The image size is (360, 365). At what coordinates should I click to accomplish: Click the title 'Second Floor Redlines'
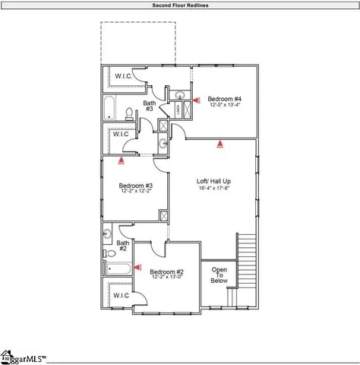pyautogui.click(x=180, y=5)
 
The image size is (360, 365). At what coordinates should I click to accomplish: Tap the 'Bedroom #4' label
pyautogui.click(x=225, y=99)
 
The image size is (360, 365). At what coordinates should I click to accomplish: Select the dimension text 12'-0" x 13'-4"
pyautogui.click(x=225, y=106)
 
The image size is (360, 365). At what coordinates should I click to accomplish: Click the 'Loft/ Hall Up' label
pyautogui.click(x=213, y=181)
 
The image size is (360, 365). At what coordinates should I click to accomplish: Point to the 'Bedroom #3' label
pyautogui.click(x=136, y=186)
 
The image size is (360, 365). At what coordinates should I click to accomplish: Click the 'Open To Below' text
pyautogui.click(x=219, y=275)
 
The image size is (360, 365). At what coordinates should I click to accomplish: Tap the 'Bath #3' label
pyautogui.click(x=150, y=106)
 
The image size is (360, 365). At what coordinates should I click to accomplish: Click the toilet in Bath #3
pyautogui.click(x=130, y=114)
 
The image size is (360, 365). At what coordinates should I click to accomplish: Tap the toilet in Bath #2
pyautogui.click(x=110, y=253)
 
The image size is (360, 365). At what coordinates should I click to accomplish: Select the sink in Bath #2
pyautogui.click(x=109, y=234)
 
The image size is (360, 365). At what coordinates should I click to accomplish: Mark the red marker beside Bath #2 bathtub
pyautogui.click(x=137, y=268)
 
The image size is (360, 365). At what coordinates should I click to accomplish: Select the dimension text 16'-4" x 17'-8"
pyautogui.click(x=213, y=189)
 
